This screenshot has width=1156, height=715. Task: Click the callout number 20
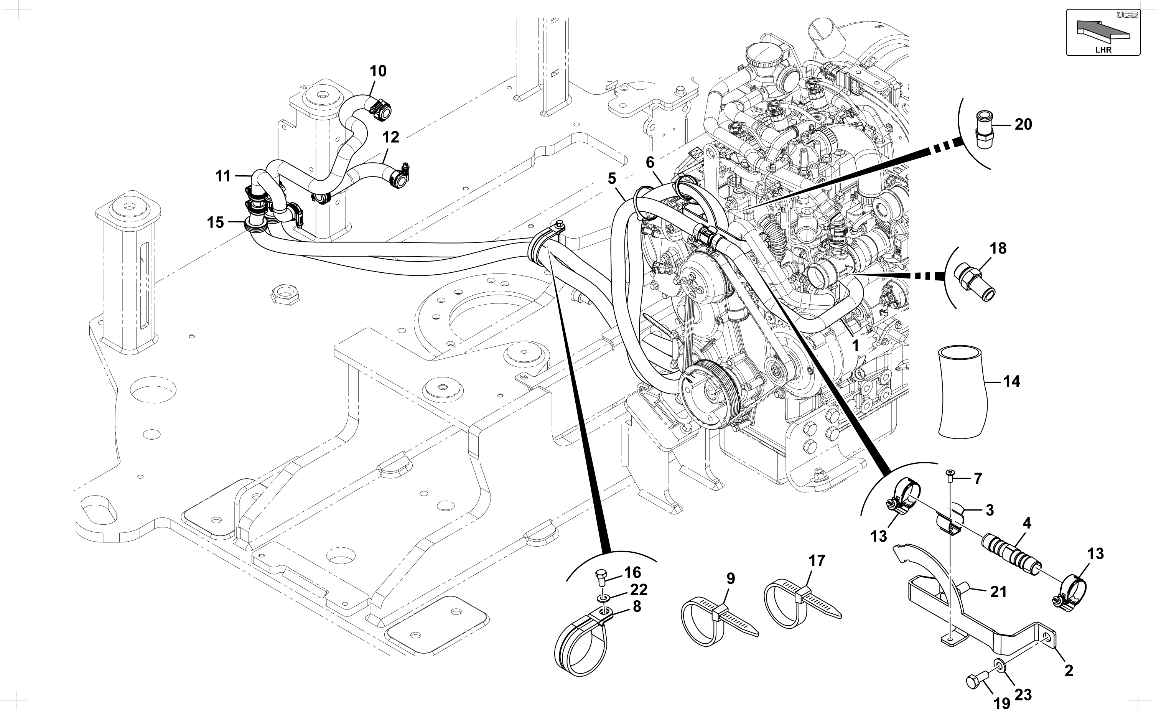1023,124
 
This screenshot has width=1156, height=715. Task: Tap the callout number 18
998,248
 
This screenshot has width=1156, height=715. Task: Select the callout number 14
1012,381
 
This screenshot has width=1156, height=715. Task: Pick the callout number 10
378,71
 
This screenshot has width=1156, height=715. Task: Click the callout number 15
216,222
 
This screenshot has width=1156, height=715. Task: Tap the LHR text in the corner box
1103,49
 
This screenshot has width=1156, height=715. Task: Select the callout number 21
998,591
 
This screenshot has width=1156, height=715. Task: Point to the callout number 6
650,162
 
